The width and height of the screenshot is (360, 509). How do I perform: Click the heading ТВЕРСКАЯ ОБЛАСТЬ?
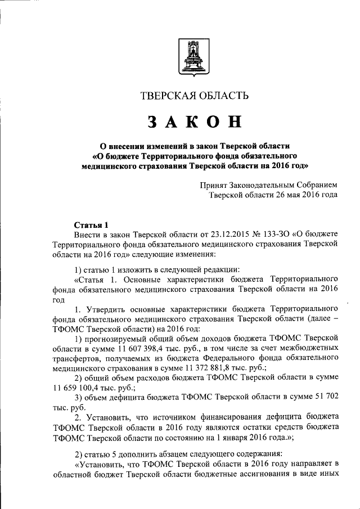(194, 96)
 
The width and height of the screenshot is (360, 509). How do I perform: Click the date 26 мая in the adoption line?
(281, 195)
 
